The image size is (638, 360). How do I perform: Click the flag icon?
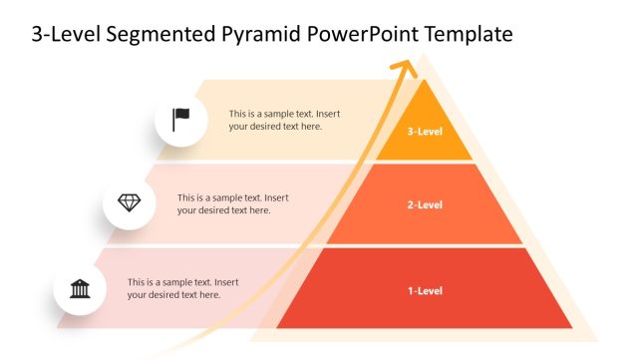point(180,120)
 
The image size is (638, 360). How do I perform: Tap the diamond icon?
point(129,202)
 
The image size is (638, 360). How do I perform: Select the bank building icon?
point(80,289)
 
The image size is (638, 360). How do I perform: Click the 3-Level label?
point(425,131)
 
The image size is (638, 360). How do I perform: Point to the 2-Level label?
point(425,204)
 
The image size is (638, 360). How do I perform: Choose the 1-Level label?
point(425,291)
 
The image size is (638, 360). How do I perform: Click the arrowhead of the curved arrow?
point(404,68)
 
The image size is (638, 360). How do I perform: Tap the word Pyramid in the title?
point(261,34)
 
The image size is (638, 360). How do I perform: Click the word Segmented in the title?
point(160,34)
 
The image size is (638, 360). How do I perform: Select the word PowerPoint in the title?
point(363,33)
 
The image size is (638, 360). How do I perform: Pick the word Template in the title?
point(469,34)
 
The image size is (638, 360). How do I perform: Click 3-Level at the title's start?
point(66,33)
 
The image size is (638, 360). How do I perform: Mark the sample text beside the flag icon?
point(284,120)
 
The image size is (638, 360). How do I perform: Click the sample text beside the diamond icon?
point(232,203)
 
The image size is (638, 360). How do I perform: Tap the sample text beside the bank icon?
point(183,288)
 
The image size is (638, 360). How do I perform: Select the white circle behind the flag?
point(181,120)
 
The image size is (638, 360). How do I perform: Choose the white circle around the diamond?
point(129,203)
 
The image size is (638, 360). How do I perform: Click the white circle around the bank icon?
point(80,288)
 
